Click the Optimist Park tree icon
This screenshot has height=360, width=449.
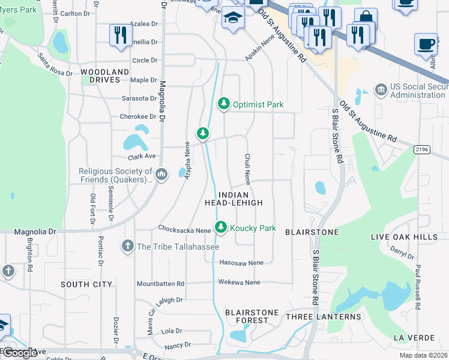(x=224, y=104)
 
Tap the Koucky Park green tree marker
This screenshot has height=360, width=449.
(x=221, y=227)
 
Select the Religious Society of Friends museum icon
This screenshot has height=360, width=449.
(x=161, y=175)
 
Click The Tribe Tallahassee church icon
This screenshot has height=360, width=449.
(x=127, y=246)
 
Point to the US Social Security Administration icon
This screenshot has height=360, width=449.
(x=381, y=91)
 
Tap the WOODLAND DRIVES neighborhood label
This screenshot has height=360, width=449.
(x=104, y=76)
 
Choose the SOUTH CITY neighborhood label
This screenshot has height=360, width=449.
(x=86, y=284)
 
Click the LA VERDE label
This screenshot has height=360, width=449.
(x=414, y=338)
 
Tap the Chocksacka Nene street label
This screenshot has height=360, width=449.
(x=184, y=229)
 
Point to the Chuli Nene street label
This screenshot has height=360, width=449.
(x=247, y=169)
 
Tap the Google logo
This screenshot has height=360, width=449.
(x=19, y=353)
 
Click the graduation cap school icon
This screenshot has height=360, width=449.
(x=233, y=18)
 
